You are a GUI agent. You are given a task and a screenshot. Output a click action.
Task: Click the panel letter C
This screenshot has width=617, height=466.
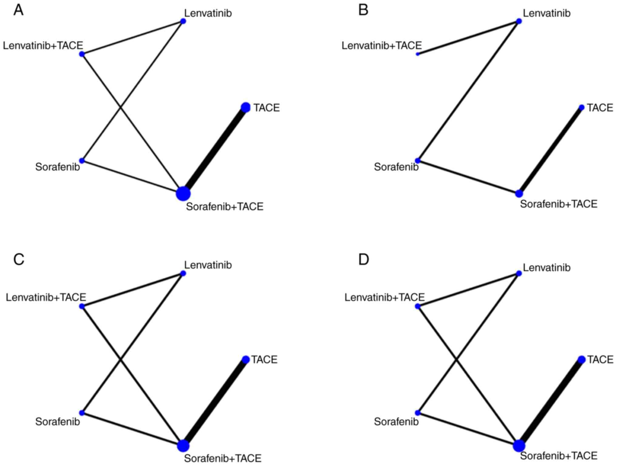coord(19,260)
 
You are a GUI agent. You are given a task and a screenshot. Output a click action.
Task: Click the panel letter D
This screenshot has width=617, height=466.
coord(363,260)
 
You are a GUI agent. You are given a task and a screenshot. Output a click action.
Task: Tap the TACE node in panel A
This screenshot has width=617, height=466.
coord(245,107)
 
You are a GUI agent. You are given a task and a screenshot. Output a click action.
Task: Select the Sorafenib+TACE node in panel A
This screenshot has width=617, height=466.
coord(183,194)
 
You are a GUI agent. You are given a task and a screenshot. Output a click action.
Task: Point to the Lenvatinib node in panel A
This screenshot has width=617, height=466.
coord(183,21)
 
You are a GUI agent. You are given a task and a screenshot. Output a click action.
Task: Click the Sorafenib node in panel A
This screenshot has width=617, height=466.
coord(82,160)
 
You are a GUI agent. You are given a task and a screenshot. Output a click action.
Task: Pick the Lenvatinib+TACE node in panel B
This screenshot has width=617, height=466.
coord(418,54)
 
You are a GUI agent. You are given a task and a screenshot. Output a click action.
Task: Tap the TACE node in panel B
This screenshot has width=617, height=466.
coord(581,107)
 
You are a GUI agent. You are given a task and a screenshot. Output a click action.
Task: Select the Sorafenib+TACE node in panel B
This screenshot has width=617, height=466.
coord(519,193)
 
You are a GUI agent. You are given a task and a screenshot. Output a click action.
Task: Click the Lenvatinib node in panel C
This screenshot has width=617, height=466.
coord(183,273)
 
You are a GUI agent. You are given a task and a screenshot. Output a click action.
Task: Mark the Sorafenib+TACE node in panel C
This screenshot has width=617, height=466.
coord(183,446)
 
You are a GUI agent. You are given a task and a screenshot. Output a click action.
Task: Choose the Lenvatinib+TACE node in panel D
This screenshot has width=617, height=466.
coord(418,306)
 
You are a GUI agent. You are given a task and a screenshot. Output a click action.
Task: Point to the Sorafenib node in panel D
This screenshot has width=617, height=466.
coord(418,413)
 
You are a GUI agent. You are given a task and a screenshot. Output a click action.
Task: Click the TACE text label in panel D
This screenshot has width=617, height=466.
coord(600,360)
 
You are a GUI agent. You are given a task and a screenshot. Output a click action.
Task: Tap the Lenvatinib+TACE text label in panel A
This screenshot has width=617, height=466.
coord(43,46)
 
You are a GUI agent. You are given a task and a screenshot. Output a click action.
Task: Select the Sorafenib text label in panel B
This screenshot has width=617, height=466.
coord(396,167)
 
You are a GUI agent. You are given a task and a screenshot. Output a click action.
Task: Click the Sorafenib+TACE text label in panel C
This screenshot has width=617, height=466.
coord(223,458)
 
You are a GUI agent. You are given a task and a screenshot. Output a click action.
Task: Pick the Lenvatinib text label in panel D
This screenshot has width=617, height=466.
coord(547,268)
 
